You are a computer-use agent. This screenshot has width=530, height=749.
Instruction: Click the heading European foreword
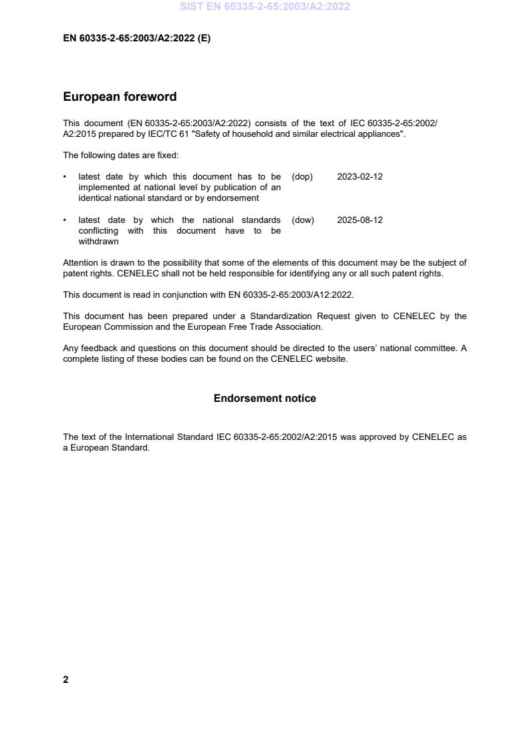point(120,97)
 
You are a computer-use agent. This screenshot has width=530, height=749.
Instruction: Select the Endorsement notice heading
point(265,399)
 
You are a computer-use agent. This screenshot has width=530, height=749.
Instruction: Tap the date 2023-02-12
point(360,177)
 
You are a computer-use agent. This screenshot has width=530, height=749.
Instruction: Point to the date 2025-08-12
point(360,220)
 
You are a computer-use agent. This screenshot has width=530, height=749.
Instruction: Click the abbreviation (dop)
point(302,177)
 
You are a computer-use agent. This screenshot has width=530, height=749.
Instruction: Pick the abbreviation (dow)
point(303,220)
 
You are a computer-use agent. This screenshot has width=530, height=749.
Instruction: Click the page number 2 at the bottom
point(65,680)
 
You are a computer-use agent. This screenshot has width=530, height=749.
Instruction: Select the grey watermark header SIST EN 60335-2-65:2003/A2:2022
point(265,7)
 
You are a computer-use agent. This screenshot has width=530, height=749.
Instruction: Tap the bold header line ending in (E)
point(136,39)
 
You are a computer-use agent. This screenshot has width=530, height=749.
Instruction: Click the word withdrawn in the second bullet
point(98,242)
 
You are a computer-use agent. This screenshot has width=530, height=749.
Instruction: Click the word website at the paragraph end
point(332,359)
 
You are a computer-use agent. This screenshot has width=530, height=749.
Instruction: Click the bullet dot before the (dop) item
point(65,177)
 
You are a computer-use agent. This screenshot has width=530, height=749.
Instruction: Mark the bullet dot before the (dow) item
point(65,220)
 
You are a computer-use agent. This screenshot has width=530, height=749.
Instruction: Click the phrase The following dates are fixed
point(121,156)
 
